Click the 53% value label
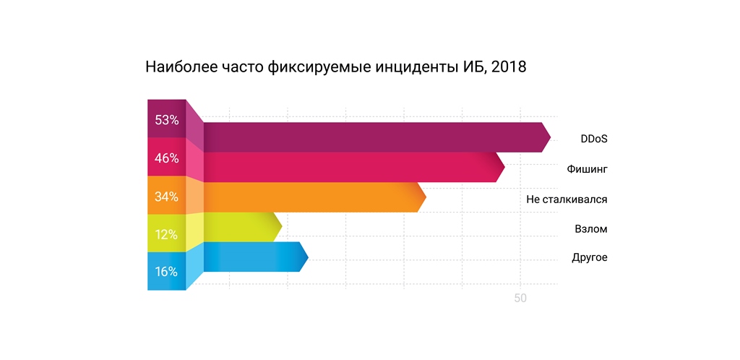(166, 120)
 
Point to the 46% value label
(166, 158)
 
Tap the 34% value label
(166, 197)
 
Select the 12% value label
(166, 234)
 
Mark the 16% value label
(166, 272)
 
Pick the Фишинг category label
(587, 168)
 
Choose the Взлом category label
(590, 229)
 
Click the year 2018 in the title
(508, 69)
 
